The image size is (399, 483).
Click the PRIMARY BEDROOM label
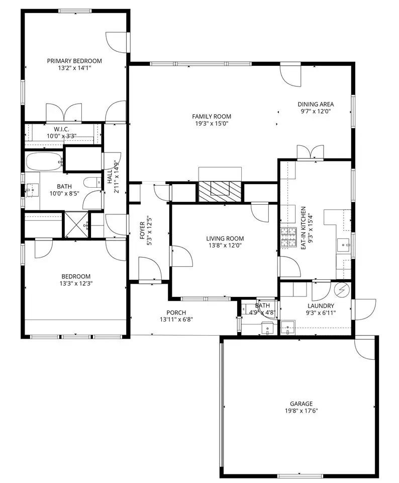coord(74,61)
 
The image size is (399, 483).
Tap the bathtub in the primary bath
coord(44,162)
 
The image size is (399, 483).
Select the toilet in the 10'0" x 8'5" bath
coord(92,182)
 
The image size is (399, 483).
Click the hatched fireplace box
coord(220,192)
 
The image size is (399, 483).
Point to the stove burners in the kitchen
coord(287,237)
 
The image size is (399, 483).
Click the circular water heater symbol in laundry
coord(342,290)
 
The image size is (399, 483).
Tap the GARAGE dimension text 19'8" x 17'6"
coord(301,411)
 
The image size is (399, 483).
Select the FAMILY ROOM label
coord(212,116)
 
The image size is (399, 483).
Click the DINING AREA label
coord(316,104)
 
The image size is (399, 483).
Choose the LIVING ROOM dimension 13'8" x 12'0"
coord(225,246)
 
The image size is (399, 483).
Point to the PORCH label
coord(176,312)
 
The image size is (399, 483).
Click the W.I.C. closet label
coord(61,129)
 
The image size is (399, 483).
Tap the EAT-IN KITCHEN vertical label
coord(304,228)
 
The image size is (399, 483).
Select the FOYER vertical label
coord(142,230)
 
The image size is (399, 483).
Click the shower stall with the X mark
coord(76,224)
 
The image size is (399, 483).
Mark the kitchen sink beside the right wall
coord(343,245)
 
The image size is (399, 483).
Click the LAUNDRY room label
coord(321,306)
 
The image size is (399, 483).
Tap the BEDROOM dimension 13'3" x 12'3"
coord(76,283)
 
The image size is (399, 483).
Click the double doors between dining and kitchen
coord(311,152)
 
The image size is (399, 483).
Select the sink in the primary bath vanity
coord(32,190)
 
